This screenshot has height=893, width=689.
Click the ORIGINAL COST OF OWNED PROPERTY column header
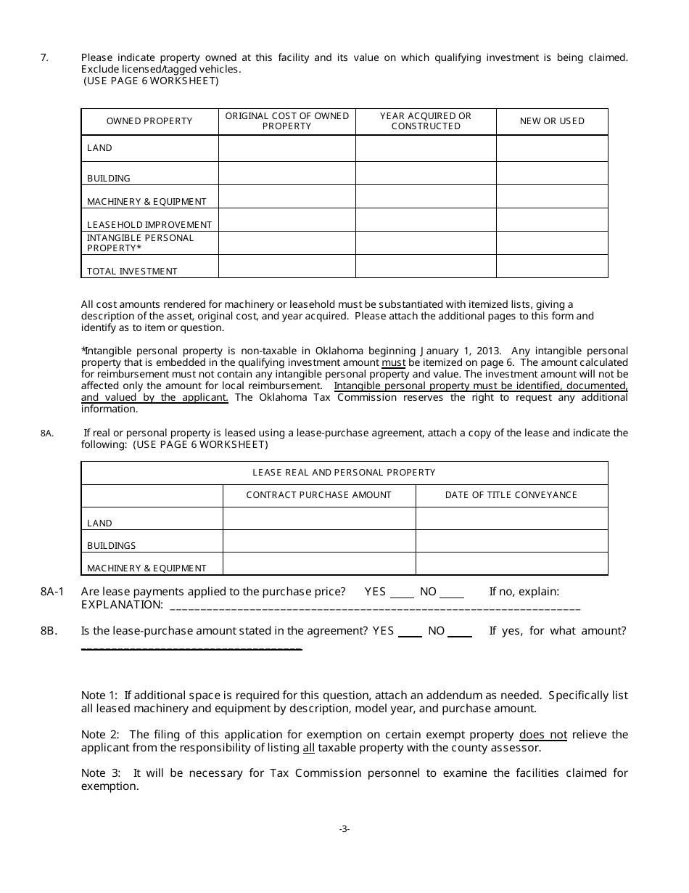tap(287, 121)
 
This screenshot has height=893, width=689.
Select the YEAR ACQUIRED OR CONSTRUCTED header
tap(426, 121)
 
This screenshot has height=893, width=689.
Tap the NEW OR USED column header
tap(552, 121)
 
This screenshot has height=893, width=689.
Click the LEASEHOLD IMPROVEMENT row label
tap(149, 225)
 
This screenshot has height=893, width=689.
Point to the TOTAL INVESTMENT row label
tap(132, 272)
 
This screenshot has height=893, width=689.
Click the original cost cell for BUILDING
tap(287, 174)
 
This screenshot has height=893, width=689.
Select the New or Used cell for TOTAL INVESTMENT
tap(552, 266)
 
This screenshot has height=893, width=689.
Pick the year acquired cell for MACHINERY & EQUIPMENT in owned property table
tap(426, 197)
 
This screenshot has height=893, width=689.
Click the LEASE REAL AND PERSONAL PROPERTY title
tap(344, 473)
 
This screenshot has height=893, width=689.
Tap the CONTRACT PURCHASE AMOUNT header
tap(318, 495)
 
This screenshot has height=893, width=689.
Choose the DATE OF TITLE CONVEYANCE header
tap(511, 495)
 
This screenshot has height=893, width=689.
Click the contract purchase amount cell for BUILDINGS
tap(318, 541)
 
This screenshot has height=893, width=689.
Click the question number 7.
tap(44, 57)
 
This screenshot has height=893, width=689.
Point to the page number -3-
tap(344, 828)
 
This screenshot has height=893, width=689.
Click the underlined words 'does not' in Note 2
tap(543, 735)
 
